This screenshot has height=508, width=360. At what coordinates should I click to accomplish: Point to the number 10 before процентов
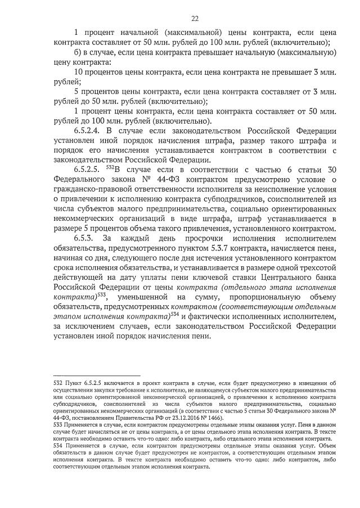point(79,72)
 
